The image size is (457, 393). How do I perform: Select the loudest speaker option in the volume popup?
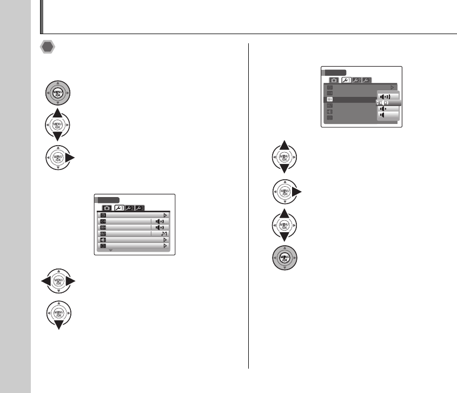point(387,96)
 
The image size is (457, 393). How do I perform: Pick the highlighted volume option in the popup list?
point(388,102)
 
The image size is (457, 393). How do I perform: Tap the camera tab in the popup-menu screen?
point(334,80)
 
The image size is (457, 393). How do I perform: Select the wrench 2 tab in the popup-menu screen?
point(357,80)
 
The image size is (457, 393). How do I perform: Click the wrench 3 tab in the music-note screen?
point(141,207)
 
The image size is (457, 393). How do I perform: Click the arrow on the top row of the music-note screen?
point(165,215)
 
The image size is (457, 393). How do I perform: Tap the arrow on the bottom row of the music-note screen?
point(165,246)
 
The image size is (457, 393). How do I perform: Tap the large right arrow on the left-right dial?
point(71,281)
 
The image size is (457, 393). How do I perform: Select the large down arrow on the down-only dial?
point(58,325)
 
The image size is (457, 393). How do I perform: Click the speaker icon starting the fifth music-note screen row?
point(103,239)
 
